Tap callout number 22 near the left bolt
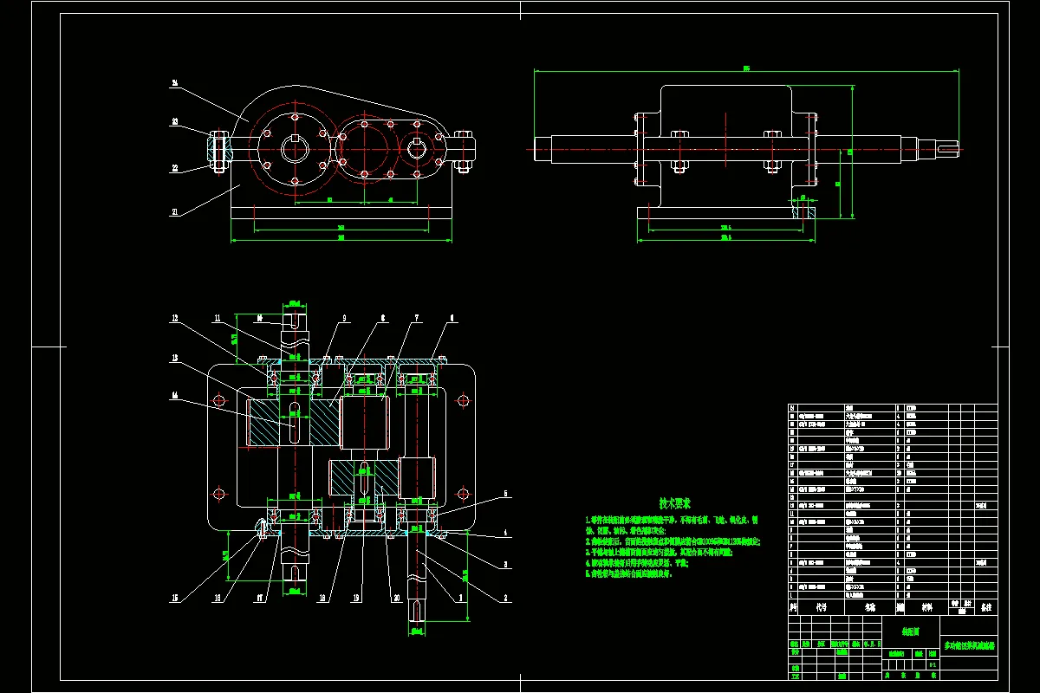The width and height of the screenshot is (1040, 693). coord(175,168)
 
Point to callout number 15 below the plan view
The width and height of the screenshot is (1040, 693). coord(175,598)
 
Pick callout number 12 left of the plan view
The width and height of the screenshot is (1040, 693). coord(175,319)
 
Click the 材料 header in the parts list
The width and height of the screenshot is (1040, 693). coord(927,608)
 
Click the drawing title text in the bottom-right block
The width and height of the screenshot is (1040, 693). coord(969,645)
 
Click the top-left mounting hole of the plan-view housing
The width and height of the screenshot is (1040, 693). coord(219,398)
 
